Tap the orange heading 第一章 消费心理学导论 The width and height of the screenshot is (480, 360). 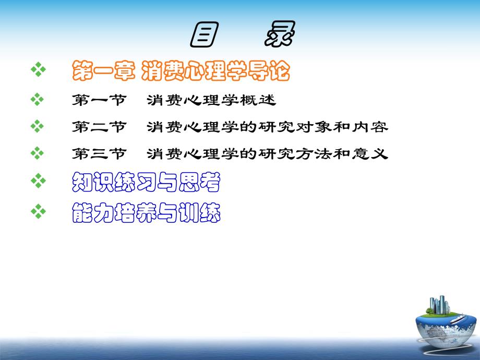click(179, 70)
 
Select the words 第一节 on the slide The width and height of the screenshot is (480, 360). click(99, 99)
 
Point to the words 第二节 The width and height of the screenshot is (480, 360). click(99, 127)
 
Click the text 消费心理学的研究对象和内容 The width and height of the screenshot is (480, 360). click(267, 127)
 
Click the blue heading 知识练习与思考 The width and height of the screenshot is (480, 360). click(146, 183)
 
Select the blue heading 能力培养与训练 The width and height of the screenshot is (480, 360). click(146, 212)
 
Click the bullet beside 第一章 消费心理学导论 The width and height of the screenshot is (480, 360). click(38, 69)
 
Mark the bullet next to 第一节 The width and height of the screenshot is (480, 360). click(38, 99)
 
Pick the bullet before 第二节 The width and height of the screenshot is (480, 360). click(38, 126)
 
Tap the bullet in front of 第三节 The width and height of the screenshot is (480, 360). click(38, 154)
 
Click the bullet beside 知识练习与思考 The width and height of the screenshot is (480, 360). click(38, 182)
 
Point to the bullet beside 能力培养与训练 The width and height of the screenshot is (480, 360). click(38, 211)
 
